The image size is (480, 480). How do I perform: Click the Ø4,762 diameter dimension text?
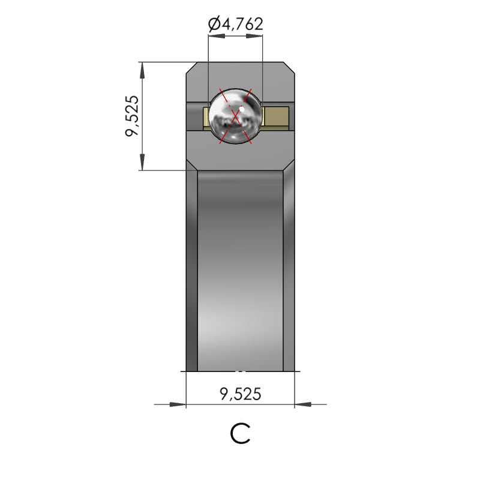pos(235,24)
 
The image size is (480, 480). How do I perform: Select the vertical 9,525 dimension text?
pos(132,116)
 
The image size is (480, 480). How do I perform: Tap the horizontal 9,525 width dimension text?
pos(241,394)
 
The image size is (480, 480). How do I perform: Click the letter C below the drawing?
pos(241,433)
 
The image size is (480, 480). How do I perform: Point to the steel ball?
pos(235,116)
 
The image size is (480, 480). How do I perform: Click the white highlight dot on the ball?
pos(242,109)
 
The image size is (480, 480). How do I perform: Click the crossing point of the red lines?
pos(235,116)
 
